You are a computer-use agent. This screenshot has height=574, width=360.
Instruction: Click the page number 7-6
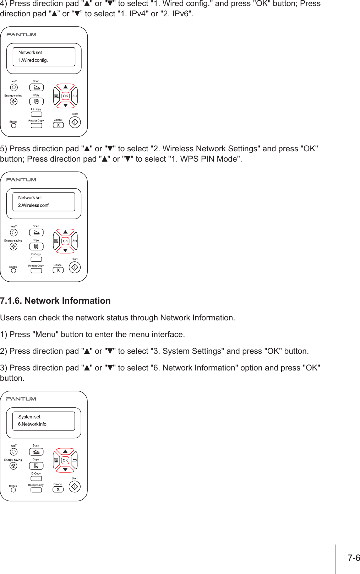[x=354, y=558]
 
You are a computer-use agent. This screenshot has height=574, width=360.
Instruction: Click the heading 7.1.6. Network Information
[x=55, y=301]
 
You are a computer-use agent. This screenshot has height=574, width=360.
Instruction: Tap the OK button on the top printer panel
[x=65, y=96]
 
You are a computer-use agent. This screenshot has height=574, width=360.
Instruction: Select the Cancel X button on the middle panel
[x=58, y=270]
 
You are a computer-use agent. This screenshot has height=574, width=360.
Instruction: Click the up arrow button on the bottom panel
[x=65, y=451]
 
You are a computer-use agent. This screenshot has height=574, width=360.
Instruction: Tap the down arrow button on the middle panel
[x=65, y=250]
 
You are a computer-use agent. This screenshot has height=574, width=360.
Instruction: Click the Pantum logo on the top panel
[x=21, y=34]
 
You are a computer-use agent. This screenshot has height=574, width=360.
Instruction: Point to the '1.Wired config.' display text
[x=33, y=60]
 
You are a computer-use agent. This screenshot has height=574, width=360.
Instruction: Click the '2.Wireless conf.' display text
[x=34, y=205]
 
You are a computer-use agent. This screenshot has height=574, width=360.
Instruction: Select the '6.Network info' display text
[x=32, y=424]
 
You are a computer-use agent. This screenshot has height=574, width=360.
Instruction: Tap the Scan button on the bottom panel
[x=36, y=452]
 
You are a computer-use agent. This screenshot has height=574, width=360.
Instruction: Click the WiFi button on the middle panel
[x=13, y=232]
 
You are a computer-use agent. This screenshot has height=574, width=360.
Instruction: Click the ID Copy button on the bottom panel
[x=36, y=478]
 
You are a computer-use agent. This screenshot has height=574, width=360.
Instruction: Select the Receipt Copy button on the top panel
[x=36, y=125]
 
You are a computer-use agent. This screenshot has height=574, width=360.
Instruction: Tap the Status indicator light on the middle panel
[x=13, y=271]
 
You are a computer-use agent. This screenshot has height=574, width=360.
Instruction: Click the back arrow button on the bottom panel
[x=75, y=460]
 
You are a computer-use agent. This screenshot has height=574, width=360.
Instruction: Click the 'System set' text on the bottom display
[x=29, y=417]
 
